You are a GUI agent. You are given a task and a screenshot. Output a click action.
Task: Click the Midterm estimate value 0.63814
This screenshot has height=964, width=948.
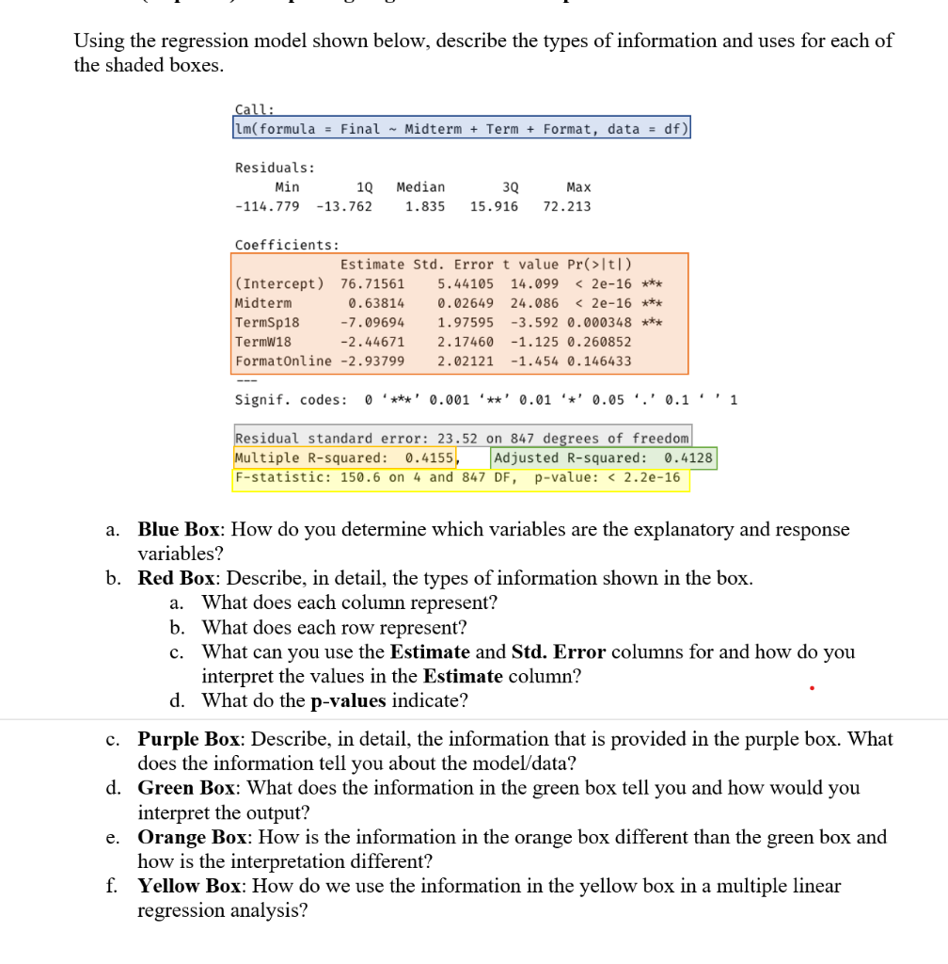(376, 303)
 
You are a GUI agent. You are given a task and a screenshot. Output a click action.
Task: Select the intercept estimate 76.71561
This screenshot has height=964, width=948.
(372, 283)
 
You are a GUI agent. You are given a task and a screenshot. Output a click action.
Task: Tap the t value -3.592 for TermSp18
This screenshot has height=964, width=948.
(534, 323)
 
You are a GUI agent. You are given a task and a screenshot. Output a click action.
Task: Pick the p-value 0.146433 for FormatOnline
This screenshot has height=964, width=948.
(599, 361)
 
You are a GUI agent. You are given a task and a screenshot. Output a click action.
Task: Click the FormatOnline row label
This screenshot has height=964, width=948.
(283, 361)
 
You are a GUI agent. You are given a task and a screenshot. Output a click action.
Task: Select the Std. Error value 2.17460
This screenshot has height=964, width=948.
(466, 342)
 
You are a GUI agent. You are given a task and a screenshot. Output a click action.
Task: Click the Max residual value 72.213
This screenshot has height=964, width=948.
(567, 206)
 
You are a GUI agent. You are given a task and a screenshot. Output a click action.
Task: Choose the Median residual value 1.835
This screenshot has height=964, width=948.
(425, 206)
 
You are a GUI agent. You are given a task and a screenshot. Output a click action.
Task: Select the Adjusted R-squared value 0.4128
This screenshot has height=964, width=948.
(688, 458)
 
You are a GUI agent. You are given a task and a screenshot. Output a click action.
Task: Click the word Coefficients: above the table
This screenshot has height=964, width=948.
(274, 245)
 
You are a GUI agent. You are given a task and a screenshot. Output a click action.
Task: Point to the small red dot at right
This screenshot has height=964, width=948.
(812, 687)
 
